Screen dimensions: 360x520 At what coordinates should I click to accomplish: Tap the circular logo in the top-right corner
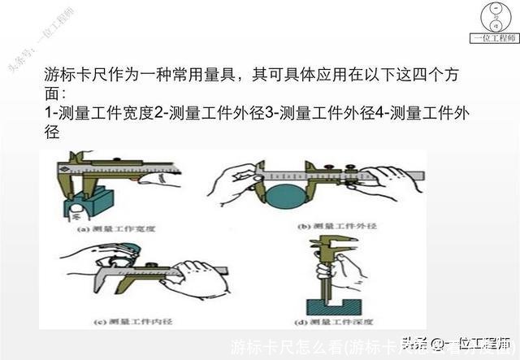[x=495, y=16]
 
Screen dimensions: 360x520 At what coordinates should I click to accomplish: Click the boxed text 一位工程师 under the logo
[x=495, y=37]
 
